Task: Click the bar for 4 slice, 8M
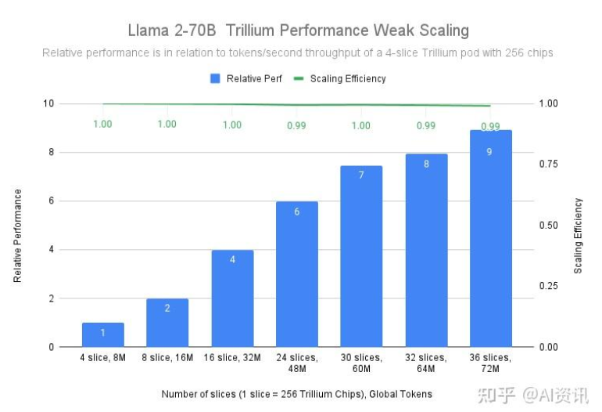pos(103,334)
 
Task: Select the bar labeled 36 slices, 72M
pos(490,238)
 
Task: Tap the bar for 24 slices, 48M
pos(297,274)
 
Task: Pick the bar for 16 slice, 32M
pos(232,298)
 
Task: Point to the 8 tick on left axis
pos(48,152)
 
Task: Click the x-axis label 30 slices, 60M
pos(361,362)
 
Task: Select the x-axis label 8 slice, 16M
pos(167,357)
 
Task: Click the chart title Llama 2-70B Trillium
pos(299,31)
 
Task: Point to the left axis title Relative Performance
pos(18,235)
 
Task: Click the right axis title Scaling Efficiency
pos(579,235)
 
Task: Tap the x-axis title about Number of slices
pos(297,393)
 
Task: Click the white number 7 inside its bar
pos(361,175)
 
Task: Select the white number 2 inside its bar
pos(167,309)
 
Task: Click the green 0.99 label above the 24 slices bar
pos(297,125)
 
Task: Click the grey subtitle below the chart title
pos(298,53)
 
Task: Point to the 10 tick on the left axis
pos(48,103)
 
